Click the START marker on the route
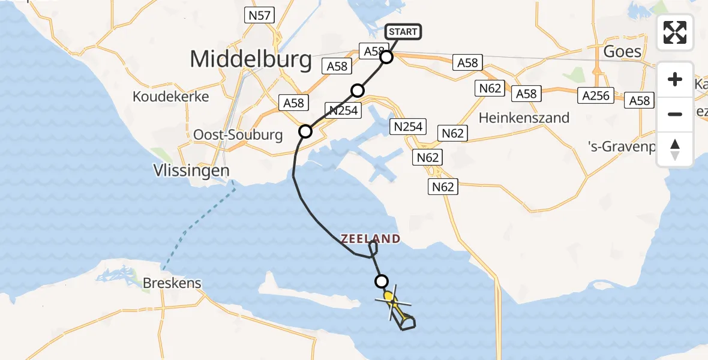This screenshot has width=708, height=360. (403, 32)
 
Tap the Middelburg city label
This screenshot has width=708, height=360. (251, 59)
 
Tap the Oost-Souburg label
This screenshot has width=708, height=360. (238, 135)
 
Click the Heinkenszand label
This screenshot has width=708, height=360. (524, 118)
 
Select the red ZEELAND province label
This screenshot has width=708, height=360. (371, 239)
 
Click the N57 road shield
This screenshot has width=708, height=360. (259, 16)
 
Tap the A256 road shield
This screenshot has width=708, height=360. (595, 95)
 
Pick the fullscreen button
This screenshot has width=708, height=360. (675, 32)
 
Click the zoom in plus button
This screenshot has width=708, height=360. (675, 79)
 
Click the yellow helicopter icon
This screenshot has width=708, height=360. (390, 298)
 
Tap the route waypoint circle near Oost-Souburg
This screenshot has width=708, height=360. (305, 131)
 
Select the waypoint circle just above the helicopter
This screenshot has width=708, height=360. (381, 281)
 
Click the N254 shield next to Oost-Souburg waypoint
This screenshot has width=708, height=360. (343, 110)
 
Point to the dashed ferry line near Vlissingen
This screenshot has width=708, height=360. (198, 222)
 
